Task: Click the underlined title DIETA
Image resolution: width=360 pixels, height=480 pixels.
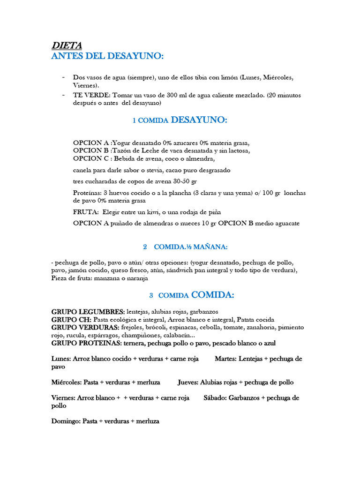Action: pyautogui.click(x=67, y=45)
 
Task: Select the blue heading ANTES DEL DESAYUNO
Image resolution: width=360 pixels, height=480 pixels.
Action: pyautogui.click(x=107, y=56)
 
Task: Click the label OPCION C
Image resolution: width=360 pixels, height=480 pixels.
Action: pyautogui.click(x=90, y=158)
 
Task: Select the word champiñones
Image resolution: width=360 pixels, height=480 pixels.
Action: pyautogui.click(x=141, y=335)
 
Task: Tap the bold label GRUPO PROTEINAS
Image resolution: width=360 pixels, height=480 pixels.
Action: pyautogui.click(x=86, y=343)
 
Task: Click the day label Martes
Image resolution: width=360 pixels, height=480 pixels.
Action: pyautogui.click(x=225, y=359)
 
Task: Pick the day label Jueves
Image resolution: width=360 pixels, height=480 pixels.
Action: pyautogui.click(x=188, y=382)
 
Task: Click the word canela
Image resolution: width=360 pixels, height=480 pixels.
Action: pyautogui.click(x=83, y=170)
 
